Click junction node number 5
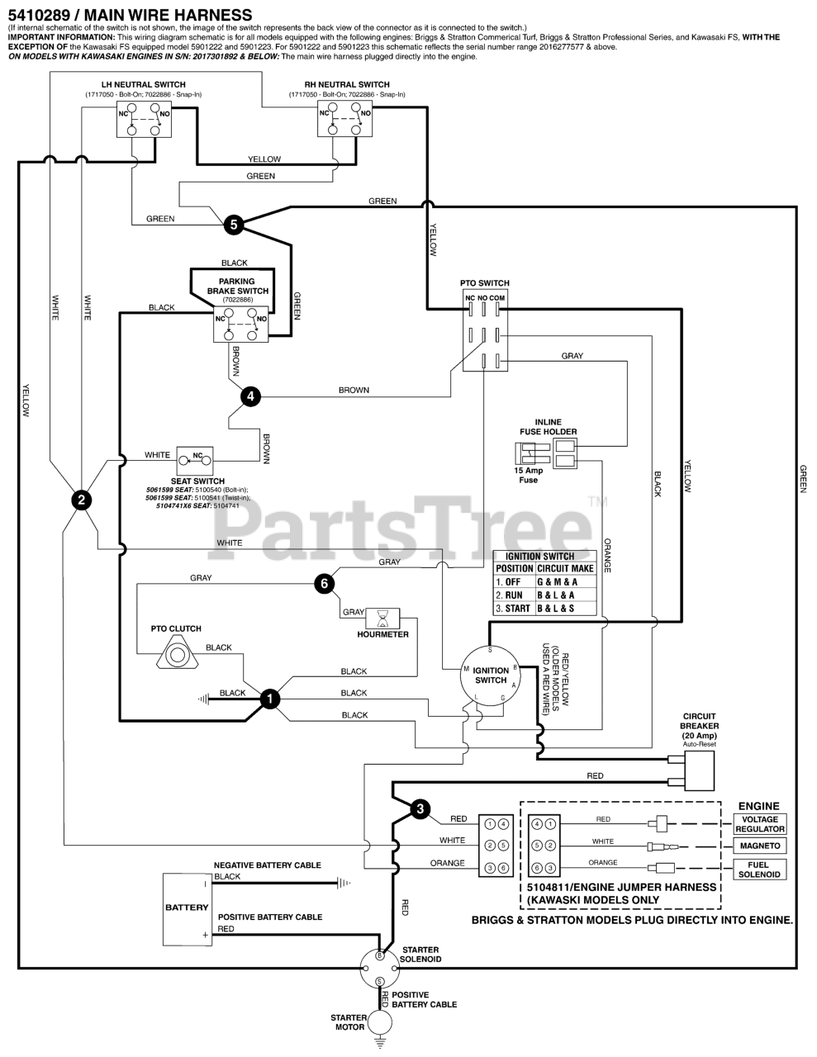pos(234,224)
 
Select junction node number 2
pos(80,499)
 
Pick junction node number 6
pos(325,584)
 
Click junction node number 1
pos(269,699)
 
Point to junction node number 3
pos(420,808)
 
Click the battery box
pos(187,908)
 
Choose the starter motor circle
pos(380,1021)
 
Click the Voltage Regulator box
pos(759,824)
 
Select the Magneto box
pos(759,846)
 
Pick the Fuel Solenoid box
pos(759,869)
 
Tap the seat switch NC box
pos(197,456)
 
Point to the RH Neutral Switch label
pos(347,84)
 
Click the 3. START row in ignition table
pos(545,609)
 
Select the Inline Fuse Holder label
pos(549,427)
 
